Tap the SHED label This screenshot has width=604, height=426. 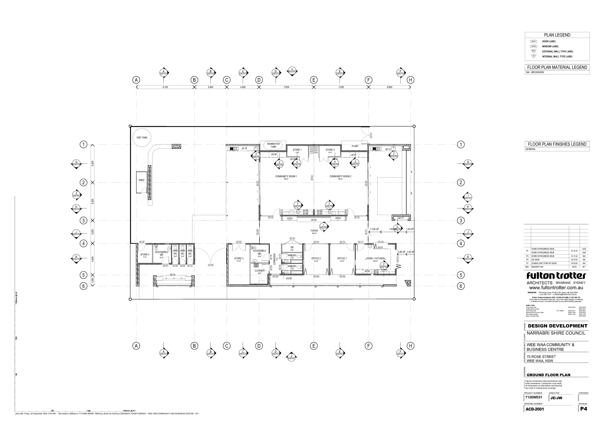142,180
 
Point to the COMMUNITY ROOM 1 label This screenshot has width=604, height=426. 286,176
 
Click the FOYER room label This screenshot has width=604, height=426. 314,231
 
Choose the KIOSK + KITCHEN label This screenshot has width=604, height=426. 375,258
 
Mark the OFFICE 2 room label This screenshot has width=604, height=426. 316,258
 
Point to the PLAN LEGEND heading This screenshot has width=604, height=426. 557,35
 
